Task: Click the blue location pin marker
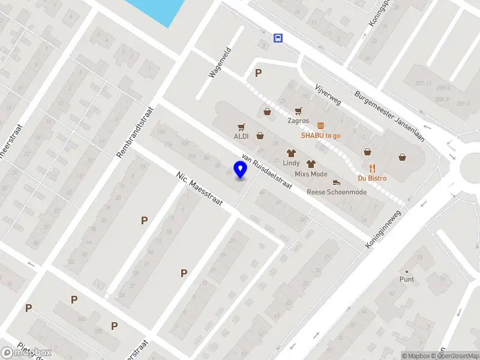(241, 170)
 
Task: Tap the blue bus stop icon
(278, 38)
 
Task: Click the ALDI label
(241, 136)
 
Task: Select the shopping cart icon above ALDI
(241, 127)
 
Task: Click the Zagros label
(298, 121)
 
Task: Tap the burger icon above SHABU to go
(321, 125)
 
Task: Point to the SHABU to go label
(321, 135)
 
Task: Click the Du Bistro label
(372, 178)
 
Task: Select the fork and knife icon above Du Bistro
(372, 168)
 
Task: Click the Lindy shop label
(291, 163)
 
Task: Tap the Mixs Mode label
(311, 174)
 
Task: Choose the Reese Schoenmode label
(336, 192)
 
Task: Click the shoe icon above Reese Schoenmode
(337, 182)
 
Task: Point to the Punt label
(407, 279)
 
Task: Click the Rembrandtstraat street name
(136, 133)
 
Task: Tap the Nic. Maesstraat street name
(200, 189)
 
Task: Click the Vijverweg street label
(328, 94)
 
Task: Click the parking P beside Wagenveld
(259, 73)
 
